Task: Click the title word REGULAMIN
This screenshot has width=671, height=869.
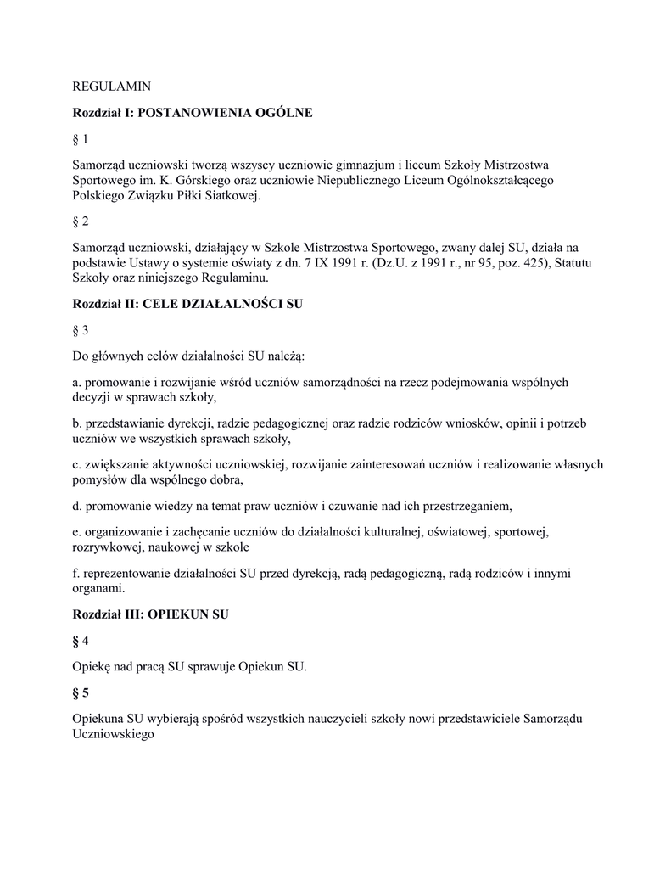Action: (112, 86)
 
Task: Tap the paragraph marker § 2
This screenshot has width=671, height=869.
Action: (81, 221)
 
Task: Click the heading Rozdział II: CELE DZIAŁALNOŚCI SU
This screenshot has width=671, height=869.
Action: (187, 304)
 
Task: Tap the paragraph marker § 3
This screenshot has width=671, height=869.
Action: (81, 329)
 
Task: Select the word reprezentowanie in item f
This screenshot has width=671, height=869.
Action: (128, 574)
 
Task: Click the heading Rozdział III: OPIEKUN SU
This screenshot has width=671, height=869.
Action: (150, 614)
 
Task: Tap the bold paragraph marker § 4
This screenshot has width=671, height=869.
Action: (81, 641)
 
